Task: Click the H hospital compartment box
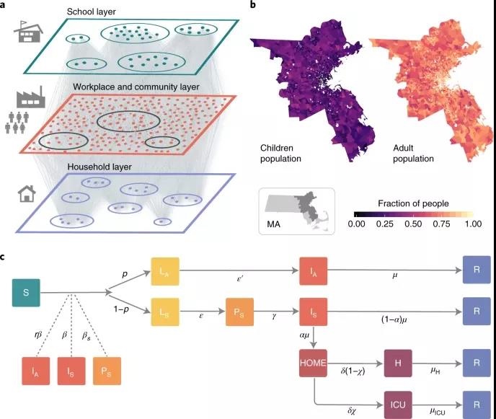tap(398, 359)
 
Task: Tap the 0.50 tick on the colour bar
tap(413, 225)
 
